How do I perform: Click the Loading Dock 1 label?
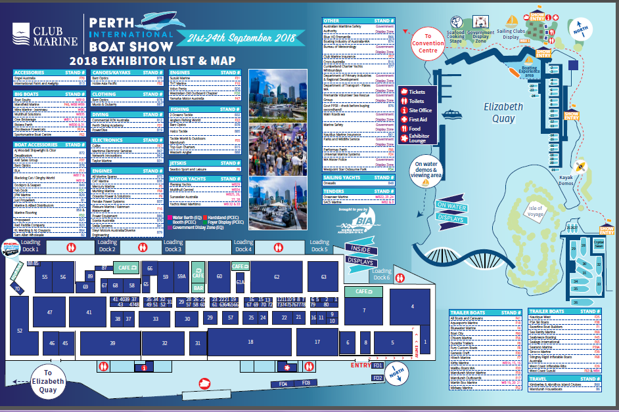point(30,246)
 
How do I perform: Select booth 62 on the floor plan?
point(277,278)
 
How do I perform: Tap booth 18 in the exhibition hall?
point(250,342)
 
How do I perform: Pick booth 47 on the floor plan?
point(49,313)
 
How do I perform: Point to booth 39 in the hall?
point(112,343)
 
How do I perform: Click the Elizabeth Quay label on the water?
point(503,113)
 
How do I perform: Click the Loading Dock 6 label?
point(382,274)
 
